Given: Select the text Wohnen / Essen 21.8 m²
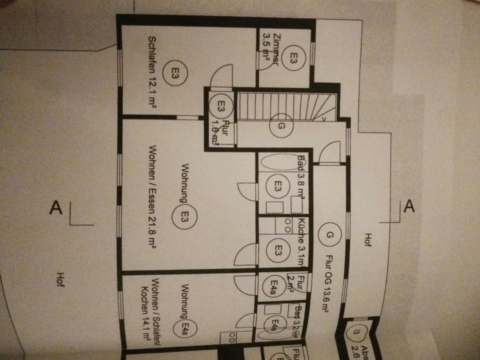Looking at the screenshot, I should pyautogui.click(x=152, y=197).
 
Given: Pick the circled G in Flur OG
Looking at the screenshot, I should pyautogui.click(x=329, y=235).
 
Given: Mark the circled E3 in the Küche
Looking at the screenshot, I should pyautogui.click(x=278, y=248).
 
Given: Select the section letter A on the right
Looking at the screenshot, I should pyautogui.click(x=408, y=205).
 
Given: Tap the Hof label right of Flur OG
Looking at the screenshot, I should pyautogui.click(x=368, y=242).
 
